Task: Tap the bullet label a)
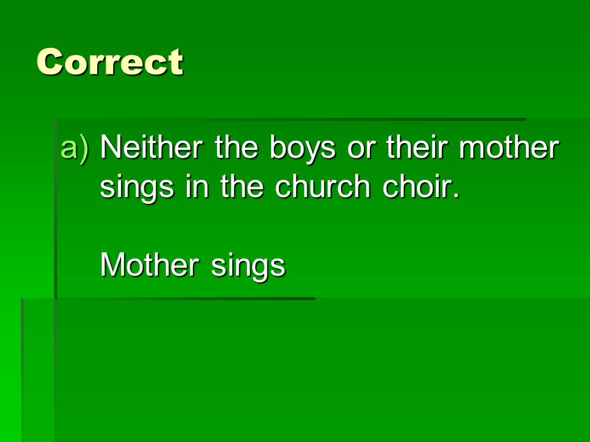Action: [x=75, y=148]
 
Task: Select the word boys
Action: [x=302, y=149]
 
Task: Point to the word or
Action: [x=361, y=150]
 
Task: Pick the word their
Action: [x=417, y=147]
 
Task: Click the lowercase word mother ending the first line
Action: [x=509, y=147]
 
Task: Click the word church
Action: [x=323, y=185]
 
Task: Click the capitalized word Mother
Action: [x=149, y=264]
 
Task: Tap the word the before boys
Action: [x=236, y=147]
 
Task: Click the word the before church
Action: [x=242, y=185]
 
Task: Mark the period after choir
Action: [x=457, y=195]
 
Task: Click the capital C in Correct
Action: [x=50, y=62]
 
